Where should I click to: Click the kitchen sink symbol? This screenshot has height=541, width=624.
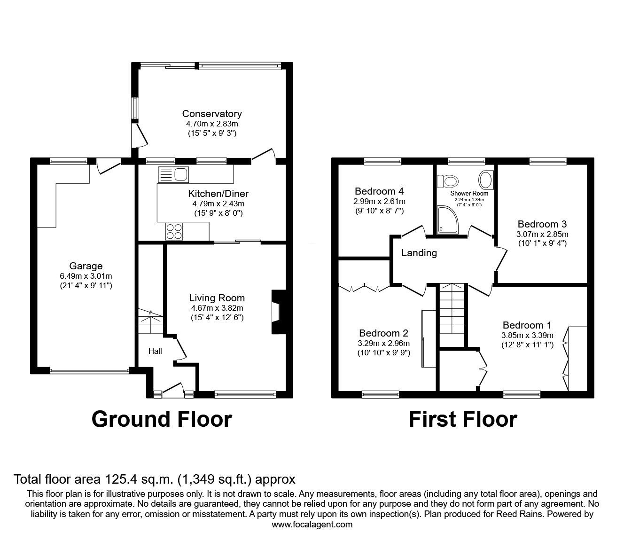173,174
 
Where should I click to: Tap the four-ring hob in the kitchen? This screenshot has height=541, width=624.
173,232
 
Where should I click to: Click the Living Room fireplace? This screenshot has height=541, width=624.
276,312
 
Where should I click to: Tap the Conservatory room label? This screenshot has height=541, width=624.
212,114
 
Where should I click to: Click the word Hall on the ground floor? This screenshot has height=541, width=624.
155,351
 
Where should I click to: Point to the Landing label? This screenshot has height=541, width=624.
419,253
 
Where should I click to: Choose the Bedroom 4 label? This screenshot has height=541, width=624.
379,191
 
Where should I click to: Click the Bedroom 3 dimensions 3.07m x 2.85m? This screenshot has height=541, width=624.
542,234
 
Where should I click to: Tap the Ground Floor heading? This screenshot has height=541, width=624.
162,419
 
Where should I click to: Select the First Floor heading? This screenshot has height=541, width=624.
462,419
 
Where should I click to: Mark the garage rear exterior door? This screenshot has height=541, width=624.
108,165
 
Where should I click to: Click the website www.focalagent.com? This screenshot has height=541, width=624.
312,525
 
